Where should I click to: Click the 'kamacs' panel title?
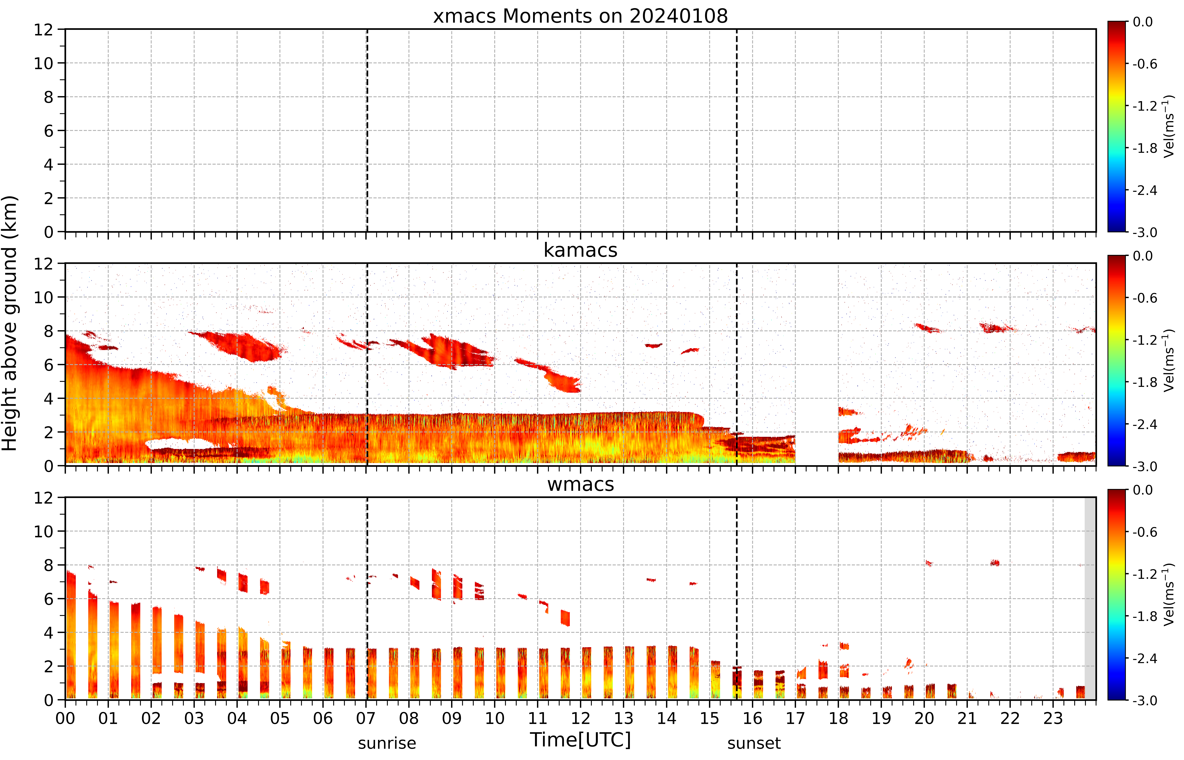[x=580, y=250]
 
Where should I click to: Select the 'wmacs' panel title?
[x=580, y=484]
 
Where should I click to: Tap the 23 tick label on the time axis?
[x=1053, y=718]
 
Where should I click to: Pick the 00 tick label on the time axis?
[x=65, y=718]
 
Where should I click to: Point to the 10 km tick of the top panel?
[x=43, y=63]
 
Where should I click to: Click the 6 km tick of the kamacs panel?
[x=48, y=365]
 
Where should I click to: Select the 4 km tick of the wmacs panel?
[x=48, y=632]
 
